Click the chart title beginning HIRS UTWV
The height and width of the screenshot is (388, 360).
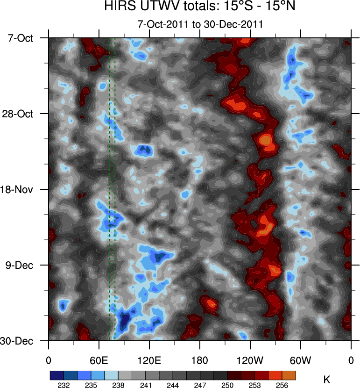click(x=200, y=8)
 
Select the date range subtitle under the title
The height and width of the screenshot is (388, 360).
click(x=200, y=24)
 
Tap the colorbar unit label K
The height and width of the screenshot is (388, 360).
click(x=326, y=379)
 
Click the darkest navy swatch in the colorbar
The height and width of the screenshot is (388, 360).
click(x=56, y=375)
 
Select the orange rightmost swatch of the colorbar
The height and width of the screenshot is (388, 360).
click(x=289, y=375)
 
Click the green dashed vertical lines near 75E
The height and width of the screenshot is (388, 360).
click(x=112, y=187)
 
